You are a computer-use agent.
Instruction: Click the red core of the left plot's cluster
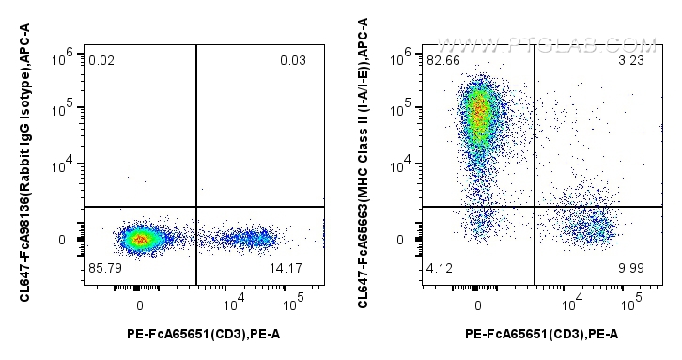[140, 240]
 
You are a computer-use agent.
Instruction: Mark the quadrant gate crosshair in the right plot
[534, 206]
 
